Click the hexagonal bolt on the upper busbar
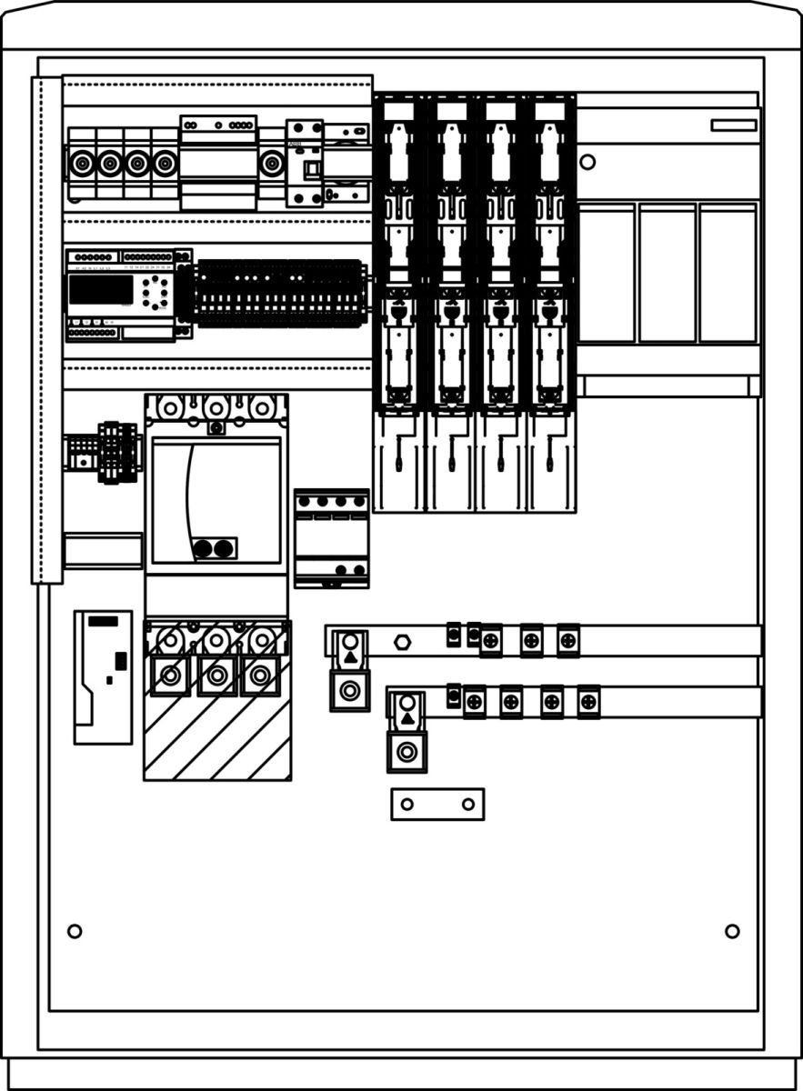click(402, 643)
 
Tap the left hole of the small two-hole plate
click(407, 804)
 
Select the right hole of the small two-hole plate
click(467, 804)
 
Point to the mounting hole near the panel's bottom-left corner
click(75, 931)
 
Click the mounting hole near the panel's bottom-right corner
click(732, 931)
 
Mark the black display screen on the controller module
click(100, 289)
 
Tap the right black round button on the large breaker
click(222, 548)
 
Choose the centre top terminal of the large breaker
click(216, 407)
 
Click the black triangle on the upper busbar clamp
click(350, 656)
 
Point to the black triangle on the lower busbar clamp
click(407, 718)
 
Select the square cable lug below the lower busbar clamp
click(407, 752)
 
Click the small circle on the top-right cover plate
click(587, 163)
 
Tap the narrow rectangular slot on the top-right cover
click(733, 125)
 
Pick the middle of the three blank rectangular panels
click(667, 273)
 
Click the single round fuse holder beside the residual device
click(270, 164)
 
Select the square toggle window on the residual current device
click(311, 169)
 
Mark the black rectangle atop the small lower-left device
click(103, 621)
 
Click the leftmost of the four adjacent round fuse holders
click(82, 164)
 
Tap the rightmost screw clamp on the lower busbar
click(588, 701)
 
